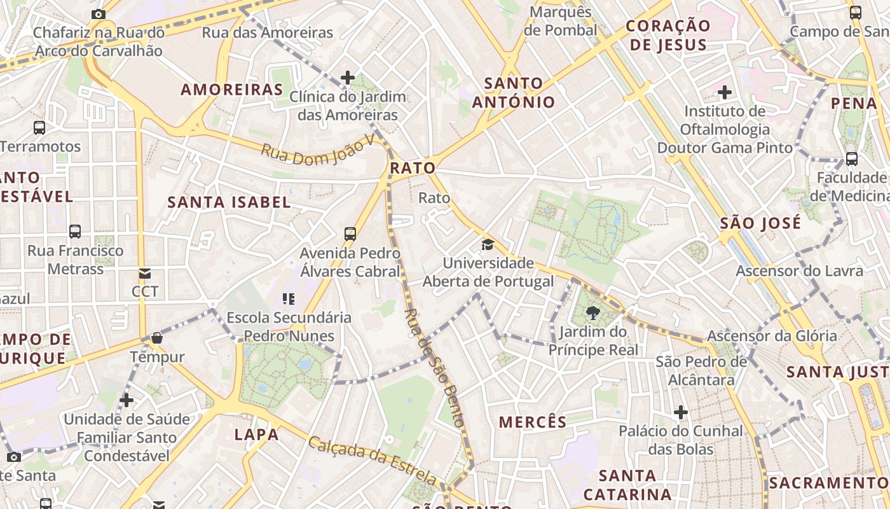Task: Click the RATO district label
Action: coord(413,169)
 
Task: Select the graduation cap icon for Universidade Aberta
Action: coord(488,244)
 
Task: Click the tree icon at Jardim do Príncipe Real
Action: coord(593,312)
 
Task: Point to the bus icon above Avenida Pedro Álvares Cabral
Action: coord(350,234)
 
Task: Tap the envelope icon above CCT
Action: coord(145,274)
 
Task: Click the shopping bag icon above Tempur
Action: coord(157,338)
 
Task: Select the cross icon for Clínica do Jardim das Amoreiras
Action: coord(347,78)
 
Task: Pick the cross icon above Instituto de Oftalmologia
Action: coord(725,93)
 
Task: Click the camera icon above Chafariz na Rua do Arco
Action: coord(98,14)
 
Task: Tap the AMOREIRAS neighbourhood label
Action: coord(231,90)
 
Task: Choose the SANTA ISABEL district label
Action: coord(229,203)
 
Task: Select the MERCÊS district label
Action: coord(532,422)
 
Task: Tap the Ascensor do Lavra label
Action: coord(800,271)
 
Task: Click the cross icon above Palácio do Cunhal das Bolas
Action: coord(681,412)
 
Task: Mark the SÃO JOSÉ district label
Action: coord(760,223)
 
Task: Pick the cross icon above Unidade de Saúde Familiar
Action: coord(127,400)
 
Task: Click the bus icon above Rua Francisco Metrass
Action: coord(75,232)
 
